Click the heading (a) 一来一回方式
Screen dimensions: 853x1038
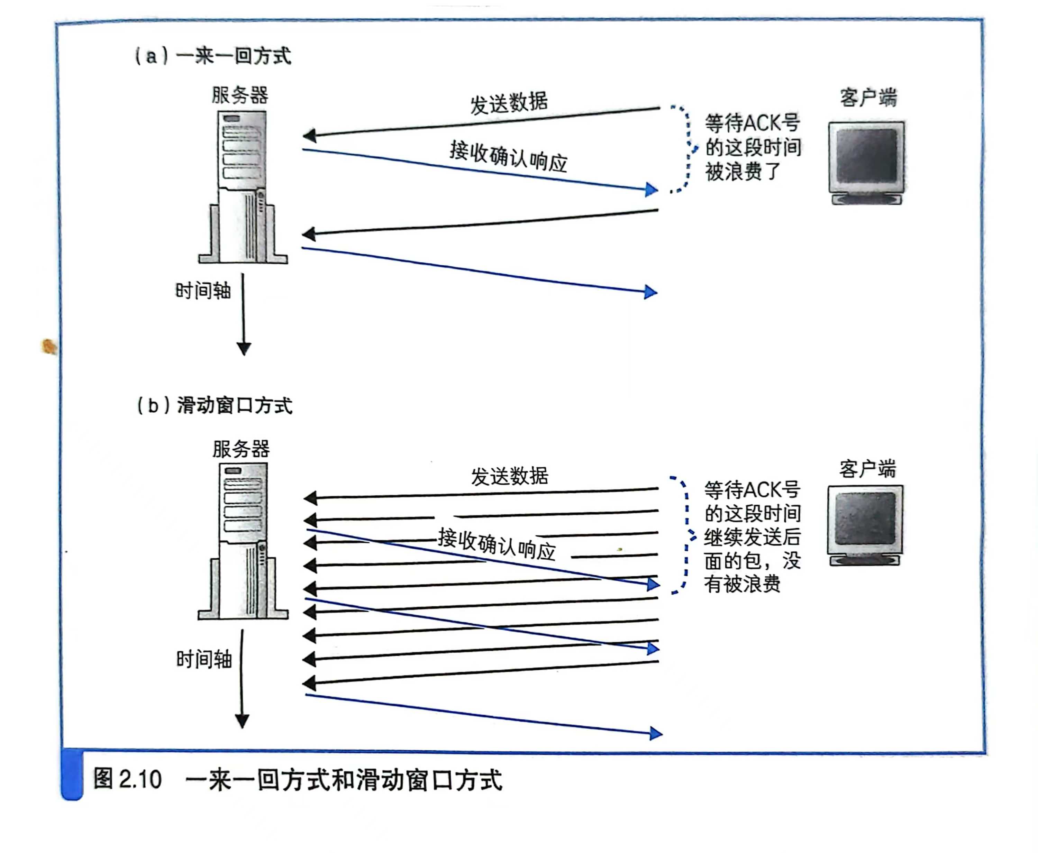tap(213, 56)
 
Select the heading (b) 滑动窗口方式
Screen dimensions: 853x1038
tap(215, 406)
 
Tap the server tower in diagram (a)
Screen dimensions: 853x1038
tap(243, 187)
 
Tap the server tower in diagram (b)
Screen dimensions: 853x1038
tap(243, 541)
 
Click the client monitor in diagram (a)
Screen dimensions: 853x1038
tap(866, 162)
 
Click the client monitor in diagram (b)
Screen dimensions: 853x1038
tap(865, 525)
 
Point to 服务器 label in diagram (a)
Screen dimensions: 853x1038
tap(240, 95)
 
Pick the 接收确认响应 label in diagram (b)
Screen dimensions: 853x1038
tap(497, 544)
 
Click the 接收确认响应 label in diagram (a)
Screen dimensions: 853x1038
tap(508, 156)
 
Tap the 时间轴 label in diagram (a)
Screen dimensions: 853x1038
tap(203, 291)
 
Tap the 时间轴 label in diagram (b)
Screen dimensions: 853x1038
tap(204, 659)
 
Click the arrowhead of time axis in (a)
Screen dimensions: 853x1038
tap(244, 348)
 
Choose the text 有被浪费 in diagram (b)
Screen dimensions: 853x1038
tap(742, 584)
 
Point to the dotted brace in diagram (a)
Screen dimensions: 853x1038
tap(686, 149)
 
